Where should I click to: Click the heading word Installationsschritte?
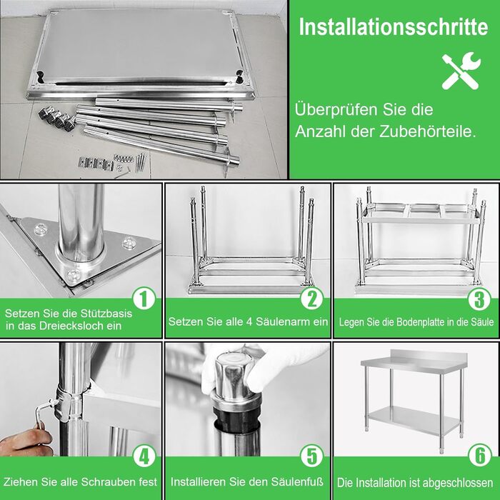click(394, 27)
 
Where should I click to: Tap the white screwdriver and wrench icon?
click(461, 71)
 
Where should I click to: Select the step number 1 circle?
click(144, 299)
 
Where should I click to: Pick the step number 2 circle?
click(311, 299)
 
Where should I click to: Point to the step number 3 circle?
click(479, 299)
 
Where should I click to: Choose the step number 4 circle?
click(144, 456)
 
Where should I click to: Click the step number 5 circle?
click(311, 456)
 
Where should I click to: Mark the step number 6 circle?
click(479, 456)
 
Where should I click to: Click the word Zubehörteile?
click(428, 131)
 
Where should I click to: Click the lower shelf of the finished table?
click(414, 419)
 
